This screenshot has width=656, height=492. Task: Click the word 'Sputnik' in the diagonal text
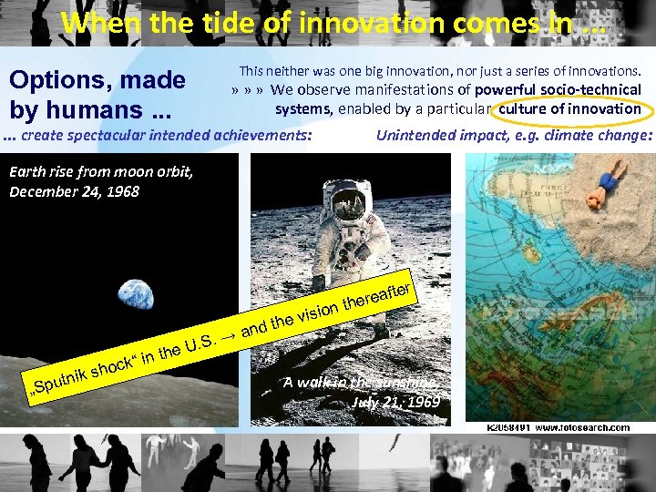click(x=63, y=388)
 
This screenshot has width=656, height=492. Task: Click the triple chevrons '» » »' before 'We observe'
click(x=247, y=90)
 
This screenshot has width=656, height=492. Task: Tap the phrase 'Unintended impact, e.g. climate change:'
click(x=514, y=137)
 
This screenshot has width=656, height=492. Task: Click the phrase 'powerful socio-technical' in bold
click(x=558, y=89)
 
